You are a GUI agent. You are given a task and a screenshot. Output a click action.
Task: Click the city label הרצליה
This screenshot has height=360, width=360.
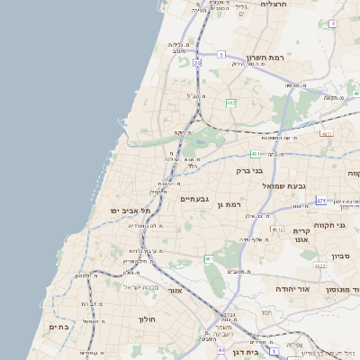coord(273,4)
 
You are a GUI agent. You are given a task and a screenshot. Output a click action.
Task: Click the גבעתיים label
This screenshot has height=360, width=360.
coord(194,199)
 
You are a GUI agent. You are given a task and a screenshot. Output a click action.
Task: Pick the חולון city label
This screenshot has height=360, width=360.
coord(148,319)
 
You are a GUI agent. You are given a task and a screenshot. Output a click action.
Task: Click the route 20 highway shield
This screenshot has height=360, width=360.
coord(196,63)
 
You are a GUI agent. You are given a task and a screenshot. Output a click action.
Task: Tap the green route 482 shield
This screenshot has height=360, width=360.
coord(231,103)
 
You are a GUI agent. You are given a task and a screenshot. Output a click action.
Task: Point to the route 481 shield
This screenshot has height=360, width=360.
coord(256,154)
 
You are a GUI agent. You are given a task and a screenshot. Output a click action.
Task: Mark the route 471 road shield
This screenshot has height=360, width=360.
coord(321,200)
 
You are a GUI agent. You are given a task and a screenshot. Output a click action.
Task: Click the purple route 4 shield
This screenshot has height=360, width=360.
coord(333,23)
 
